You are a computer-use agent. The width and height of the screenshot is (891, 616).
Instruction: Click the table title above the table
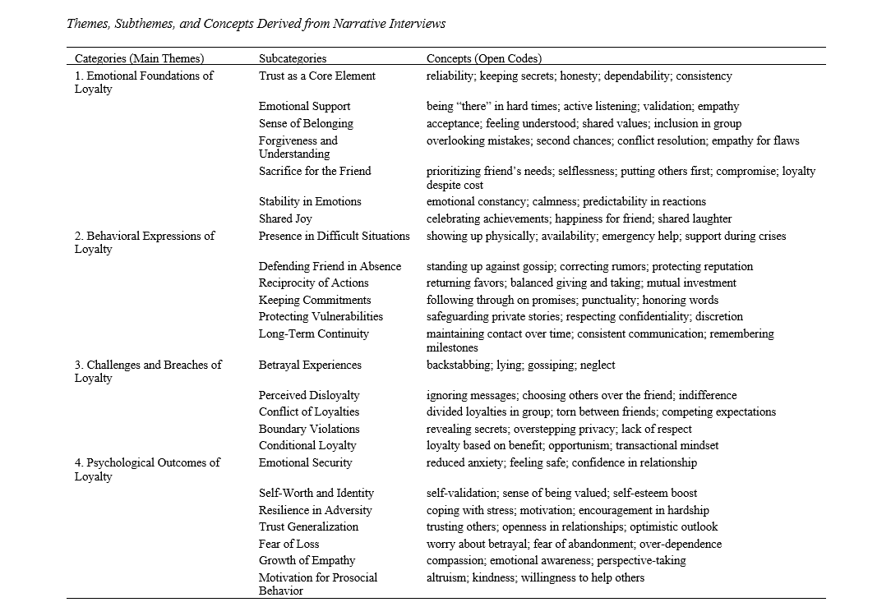[256, 23]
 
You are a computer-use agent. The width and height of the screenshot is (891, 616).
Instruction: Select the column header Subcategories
[293, 58]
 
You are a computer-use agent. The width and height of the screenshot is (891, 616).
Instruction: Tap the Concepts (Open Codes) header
[484, 58]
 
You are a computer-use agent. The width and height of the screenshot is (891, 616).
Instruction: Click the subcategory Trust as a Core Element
[317, 76]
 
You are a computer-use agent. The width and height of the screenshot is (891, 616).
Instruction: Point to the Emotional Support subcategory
[304, 106]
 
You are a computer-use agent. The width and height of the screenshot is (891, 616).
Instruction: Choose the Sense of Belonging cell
[306, 123]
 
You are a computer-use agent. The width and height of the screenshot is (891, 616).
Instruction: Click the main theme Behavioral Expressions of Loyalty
[145, 242]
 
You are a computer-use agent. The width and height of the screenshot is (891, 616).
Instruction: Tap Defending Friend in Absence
[330, 266]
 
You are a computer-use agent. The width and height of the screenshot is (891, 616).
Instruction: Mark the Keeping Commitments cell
[315, 300]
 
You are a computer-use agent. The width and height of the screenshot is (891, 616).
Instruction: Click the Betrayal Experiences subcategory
[310, 365]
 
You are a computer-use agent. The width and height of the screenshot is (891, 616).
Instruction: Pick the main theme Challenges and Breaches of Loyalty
[148, 371]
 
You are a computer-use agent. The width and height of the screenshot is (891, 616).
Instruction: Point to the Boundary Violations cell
[309, 429]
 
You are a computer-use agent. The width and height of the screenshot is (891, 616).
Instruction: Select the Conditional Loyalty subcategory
[307, 445]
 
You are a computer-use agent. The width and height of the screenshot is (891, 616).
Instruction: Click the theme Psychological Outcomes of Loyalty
[147, 469]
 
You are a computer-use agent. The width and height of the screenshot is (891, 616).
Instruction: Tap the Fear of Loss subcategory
[289, 544]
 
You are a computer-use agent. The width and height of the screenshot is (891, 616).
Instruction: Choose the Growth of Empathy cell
[307, 560]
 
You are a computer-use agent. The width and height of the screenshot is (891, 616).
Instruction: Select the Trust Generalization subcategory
[309, 526]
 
